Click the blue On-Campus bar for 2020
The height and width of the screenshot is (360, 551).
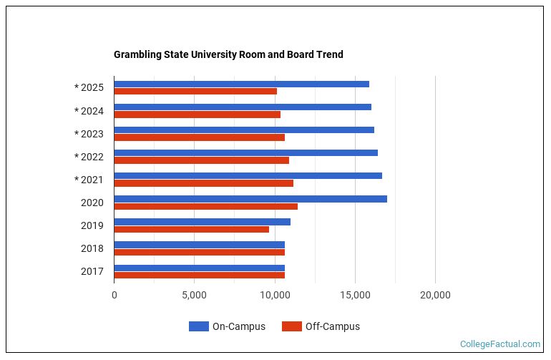(x=250, y=198)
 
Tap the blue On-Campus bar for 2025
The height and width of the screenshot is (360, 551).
(x=242, y=84)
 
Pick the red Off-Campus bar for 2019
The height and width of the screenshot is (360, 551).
(x=192, y=229)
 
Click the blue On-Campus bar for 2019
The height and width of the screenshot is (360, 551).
(x=203, y=221)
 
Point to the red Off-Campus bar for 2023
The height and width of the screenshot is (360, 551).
(x=200, y=137)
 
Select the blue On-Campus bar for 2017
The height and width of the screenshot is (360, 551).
(x=200, y=268)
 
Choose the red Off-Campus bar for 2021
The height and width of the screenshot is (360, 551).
(x=204, y=183)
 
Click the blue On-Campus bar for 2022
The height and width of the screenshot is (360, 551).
(x=246, y=152)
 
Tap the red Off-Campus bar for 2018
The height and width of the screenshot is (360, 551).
(x=200, y=252)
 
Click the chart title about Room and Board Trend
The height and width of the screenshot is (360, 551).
(x=228, y=54)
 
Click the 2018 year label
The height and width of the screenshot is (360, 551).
(x=92, y=248)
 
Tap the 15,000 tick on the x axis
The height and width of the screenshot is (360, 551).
(x=355, y=295)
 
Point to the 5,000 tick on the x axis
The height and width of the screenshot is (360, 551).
(x=194, y=295)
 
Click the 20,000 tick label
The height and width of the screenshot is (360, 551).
(x=435, y=295)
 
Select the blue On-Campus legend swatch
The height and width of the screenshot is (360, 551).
(x=199, y=326)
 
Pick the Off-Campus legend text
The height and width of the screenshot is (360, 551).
(x=333, y=326)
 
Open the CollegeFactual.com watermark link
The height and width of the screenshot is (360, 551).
(x=500, y=344)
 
